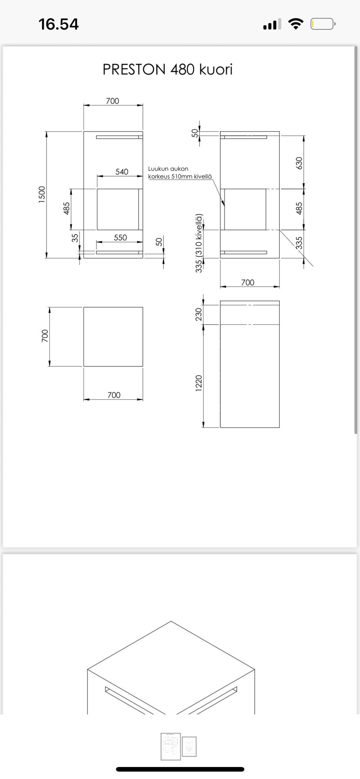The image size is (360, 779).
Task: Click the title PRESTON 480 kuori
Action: point(168,70)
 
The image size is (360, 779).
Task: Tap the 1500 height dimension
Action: point(42,195)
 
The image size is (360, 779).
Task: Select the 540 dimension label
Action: point(122,172)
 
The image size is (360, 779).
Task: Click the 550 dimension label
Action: point(120,238)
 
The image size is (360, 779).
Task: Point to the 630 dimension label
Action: point(299,163)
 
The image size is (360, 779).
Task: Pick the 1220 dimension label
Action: point(199,383)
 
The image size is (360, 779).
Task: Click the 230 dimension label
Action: point(199,314)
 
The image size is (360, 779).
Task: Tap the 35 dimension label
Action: point(75,238)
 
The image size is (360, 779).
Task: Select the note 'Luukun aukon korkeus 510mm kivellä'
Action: point(180,172)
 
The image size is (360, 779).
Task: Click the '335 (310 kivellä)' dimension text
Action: point(199,243)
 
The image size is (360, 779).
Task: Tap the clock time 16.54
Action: point(58,24)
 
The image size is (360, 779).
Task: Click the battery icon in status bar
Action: point(323,24)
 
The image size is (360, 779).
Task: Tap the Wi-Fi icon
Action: point(296,24)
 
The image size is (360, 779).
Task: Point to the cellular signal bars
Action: point(272,25)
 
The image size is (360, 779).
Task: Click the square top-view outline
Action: point(113,337)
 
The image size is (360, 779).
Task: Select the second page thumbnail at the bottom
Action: point(189,746)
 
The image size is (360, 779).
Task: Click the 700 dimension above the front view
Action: point(112,101)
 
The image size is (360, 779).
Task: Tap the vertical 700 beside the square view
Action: point(45,336)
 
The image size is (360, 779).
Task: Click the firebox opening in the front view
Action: point(118,209)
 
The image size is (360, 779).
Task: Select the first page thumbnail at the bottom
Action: point(171,746)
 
